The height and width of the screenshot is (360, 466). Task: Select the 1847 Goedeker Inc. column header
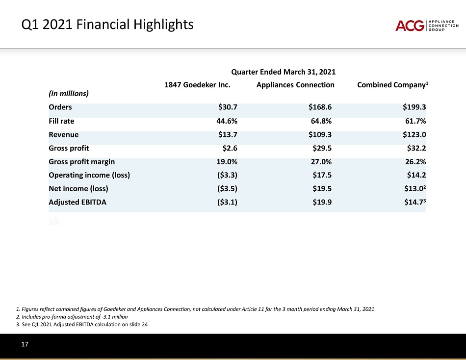coord(197,85)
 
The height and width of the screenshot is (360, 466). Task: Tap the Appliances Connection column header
coord(295,85)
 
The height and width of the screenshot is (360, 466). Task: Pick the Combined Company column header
coord(393,85)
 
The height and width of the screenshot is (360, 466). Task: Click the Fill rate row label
coord(61,121)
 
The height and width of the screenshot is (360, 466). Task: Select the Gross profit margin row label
coord(81,161)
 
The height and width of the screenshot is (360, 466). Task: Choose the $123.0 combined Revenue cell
coord(415,134)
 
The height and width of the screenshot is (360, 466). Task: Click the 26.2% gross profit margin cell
coord(415,161)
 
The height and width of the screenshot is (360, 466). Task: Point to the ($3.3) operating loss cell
coord(227,174)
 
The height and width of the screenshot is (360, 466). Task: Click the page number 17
coord(24,345)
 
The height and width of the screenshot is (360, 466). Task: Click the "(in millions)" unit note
coord(68,93)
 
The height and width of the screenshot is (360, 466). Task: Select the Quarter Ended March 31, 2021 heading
coord(283,72)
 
